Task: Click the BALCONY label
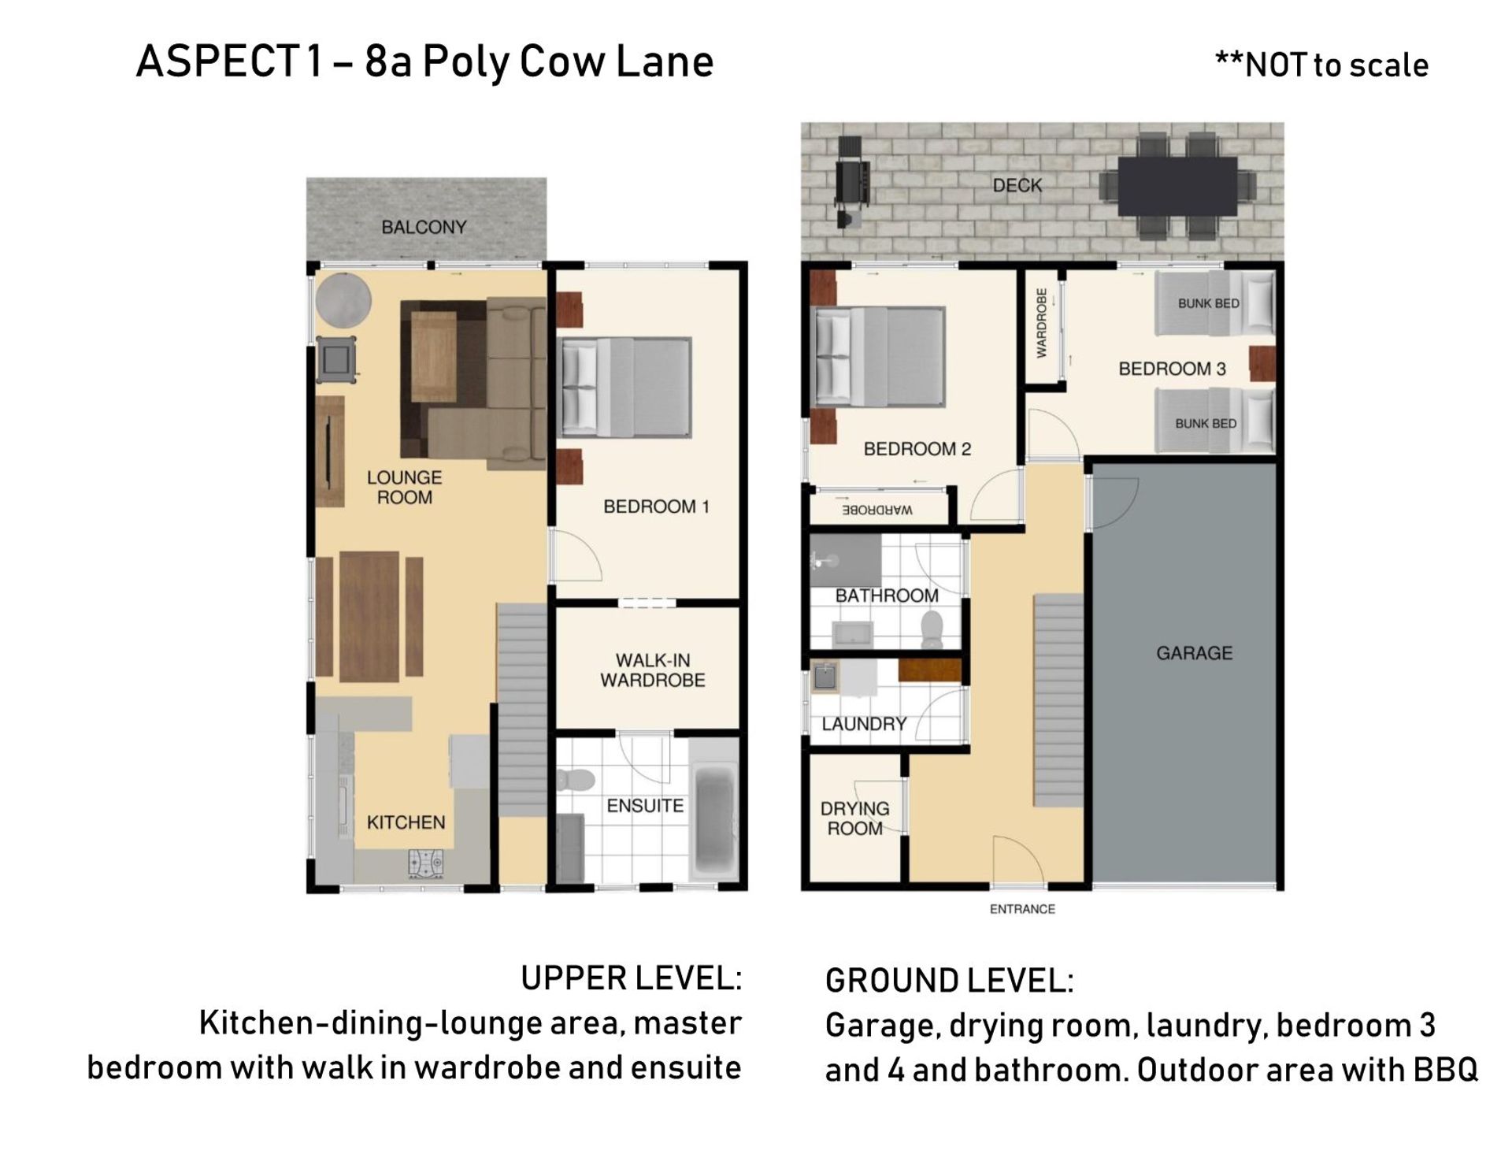pos(424,228)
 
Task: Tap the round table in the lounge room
pos(343,300)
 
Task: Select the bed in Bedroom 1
pos(624,388)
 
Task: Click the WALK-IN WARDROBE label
pos(652,670)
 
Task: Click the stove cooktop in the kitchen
pos(426,863)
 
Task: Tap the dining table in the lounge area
pos(369,617)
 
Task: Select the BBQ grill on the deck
pos(852,183)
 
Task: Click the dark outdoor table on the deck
pos(1177,186)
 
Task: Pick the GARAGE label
pos(1194,653)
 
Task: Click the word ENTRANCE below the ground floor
pos(1022,909)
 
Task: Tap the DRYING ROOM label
pos(854,818)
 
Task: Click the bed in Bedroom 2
pos(878,357)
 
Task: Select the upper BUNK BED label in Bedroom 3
pos(1208,303)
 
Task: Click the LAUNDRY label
pos(864,724)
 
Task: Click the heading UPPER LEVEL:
pos(631,978)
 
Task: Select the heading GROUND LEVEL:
pos(949,981)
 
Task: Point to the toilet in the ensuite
pos(575,780)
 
